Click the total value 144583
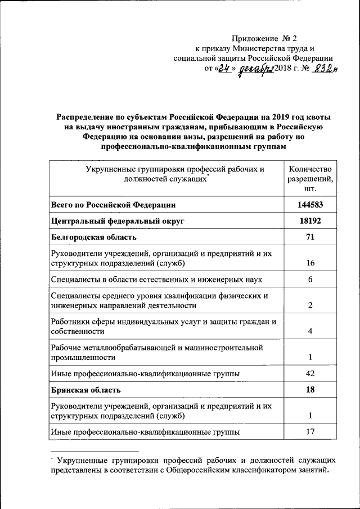pyautogui.click(x=310, y=205)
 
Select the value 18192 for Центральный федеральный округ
pyautogui.click(x=310, y=221)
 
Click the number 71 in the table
pyautogui.click(x=310, y=237)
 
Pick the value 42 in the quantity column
pyautogui.click(x=310, y=373)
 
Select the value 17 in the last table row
pyautogui.click(x=310, y=432)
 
